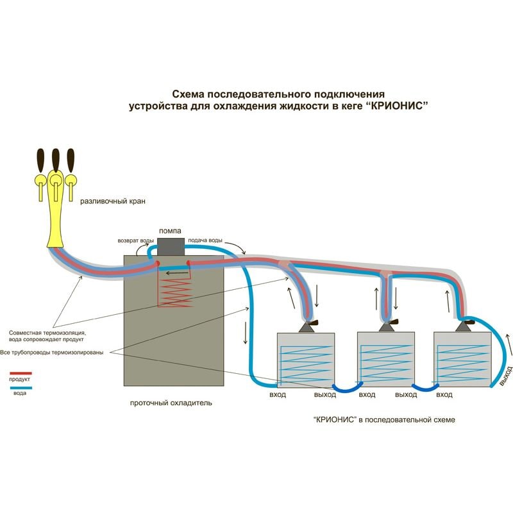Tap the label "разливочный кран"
[113, 201]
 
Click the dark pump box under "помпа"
[171, 246]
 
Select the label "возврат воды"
[135, 242]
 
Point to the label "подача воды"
[205, 242]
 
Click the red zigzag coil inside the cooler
[174, 292]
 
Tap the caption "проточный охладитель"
[171, 403]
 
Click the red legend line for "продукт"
[21, 373]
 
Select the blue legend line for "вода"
[21, 387]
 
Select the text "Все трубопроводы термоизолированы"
[52, 353]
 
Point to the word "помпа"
[170, 231]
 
